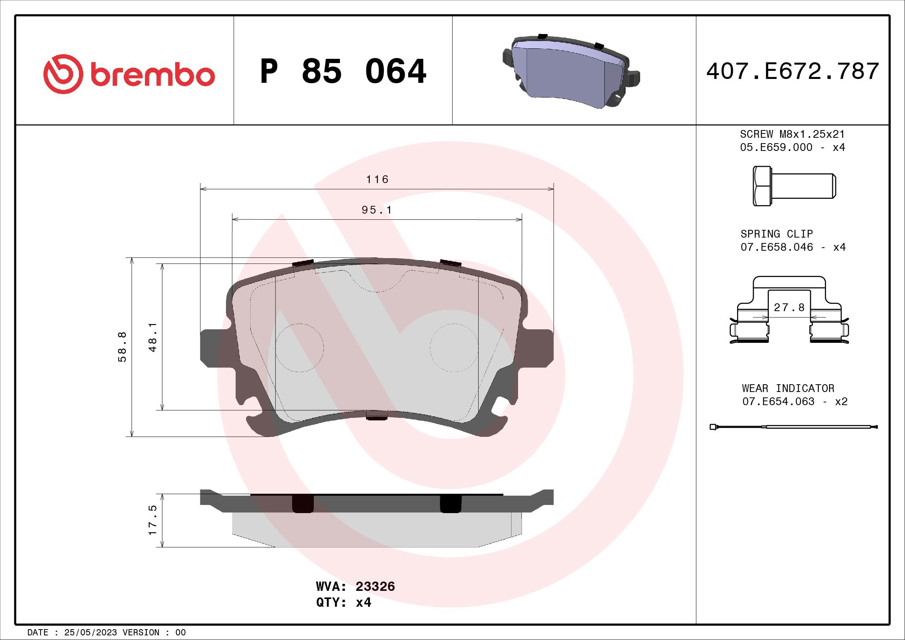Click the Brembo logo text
(x=153, y=75)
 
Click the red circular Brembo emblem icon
(x=63, y=74)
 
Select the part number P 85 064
(x=343, y=71)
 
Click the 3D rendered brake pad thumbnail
(x=571, y=72)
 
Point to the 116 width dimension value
(x=377, y=180)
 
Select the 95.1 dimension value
(x=377, y=210)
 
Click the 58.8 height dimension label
(x=123, y=347)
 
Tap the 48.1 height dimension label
(x=153, y=337)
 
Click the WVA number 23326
(x=375, y=586)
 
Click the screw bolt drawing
(x=794, y=186)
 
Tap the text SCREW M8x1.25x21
(x=792, y=134)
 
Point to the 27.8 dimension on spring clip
(x=789, y=307)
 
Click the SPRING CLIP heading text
(x=777, y=234)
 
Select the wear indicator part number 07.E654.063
(x=778, y=401)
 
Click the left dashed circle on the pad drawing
(x=299, y=347)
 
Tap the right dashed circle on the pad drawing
(x=454, y=347)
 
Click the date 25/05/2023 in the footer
(x=90, y=633)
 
